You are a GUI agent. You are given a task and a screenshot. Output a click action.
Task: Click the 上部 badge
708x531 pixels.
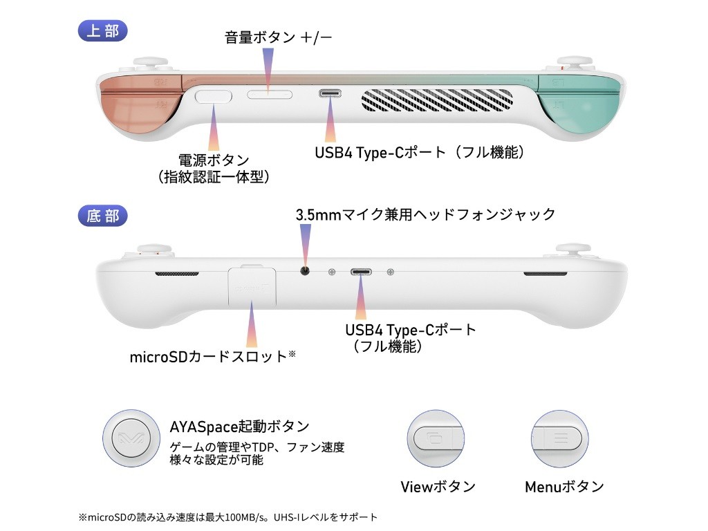tap(104, 31)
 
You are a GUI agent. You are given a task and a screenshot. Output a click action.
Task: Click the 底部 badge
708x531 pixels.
tap(104, 216)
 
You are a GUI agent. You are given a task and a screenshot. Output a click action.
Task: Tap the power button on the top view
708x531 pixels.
tap(214, 95)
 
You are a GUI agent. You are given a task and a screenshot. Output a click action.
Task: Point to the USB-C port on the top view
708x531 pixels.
tap(328, 94)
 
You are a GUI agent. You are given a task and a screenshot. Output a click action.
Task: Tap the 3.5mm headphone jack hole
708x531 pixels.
tap(305, 271)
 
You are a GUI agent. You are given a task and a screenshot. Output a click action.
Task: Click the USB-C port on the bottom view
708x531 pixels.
tap(361, 272)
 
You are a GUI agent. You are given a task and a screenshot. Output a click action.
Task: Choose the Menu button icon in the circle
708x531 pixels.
tap(560, 439)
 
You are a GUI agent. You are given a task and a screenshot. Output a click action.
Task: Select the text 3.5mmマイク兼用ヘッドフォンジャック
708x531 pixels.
tap(425, 214)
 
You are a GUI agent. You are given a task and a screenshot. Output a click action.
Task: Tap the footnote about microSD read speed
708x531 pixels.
tap(228, 517)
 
